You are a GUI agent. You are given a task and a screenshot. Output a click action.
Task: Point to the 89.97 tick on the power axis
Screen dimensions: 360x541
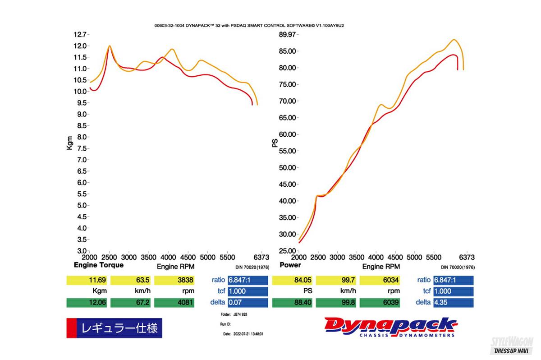point(287,34)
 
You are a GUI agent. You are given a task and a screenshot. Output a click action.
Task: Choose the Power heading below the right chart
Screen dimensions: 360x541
point(290,265)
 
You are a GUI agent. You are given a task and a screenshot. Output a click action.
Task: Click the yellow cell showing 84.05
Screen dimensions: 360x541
point(292,280)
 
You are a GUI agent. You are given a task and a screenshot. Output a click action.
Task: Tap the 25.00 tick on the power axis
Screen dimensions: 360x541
point(287,251)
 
